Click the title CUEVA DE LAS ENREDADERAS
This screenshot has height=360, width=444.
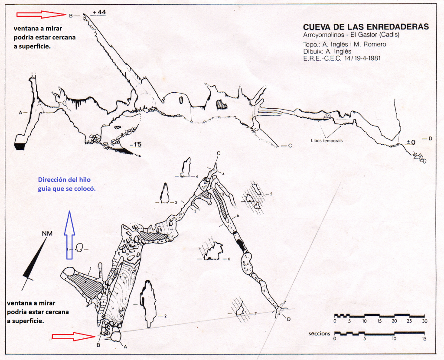coord(366,27)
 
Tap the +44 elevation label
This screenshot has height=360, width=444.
coord(99,12)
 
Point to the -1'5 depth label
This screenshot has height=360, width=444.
coord(136,145)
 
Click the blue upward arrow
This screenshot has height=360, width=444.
coord(69,235)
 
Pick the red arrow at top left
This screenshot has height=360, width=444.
coord(41,14)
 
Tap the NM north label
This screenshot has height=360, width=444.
coord(47,234)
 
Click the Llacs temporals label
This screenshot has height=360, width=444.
coord(327,140)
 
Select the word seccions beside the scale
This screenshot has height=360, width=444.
coord(320,334)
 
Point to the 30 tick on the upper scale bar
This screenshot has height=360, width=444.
coord(424,321)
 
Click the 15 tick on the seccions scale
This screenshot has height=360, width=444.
coord(424,338)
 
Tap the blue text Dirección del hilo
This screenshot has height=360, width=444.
coord(65,180)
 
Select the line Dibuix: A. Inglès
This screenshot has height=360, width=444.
coord(327,51)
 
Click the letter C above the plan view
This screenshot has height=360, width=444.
coord(219,153)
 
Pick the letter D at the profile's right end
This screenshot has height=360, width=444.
coord(431,138)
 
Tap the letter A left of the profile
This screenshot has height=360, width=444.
coord(20,113)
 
